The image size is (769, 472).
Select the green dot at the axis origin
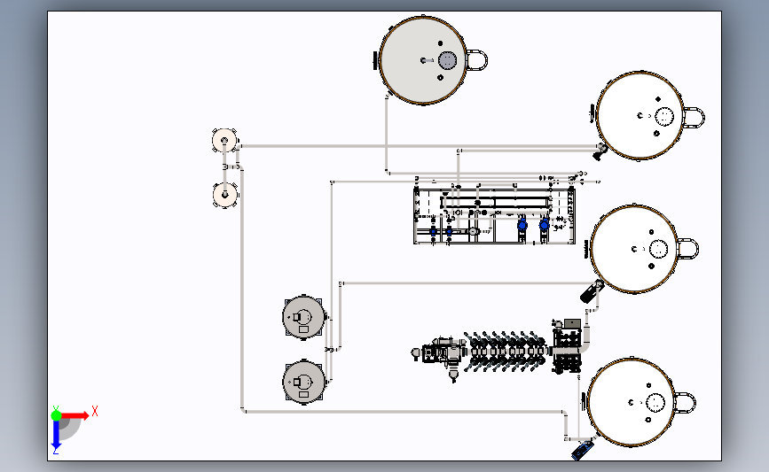[x=56, y=414]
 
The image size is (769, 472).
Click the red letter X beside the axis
[x=94, y=411]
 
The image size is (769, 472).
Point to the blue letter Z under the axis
[x=56, y=451]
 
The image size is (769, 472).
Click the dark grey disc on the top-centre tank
[x=447, y=60]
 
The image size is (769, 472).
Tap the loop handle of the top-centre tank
[x=476, y=60]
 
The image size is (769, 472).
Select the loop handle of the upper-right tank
[x=693, y=116]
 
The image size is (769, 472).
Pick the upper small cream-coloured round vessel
[x=225, y=140]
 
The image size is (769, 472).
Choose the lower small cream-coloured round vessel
[x=225, y=195]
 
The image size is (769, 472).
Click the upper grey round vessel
[x=303, y=317]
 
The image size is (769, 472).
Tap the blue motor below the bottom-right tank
[x=582, y=451]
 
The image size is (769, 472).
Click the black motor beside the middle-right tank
[x=591, y=290]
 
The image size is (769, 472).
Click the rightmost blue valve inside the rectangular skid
[x=544, y=226]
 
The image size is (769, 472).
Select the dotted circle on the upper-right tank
[x=664, y=116]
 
